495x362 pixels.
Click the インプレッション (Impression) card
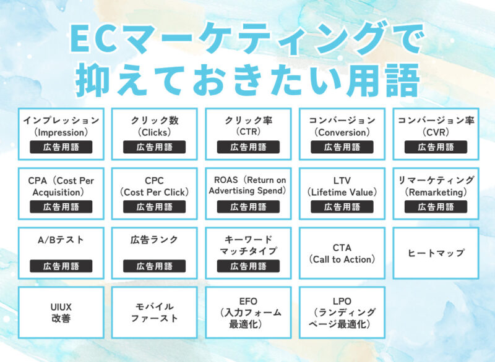click(x=61, y=133)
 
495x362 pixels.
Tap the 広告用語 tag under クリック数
click(x=154, y=147)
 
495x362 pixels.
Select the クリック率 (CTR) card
click(x=248, y=133)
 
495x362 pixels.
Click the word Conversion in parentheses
click(x=342, y=132)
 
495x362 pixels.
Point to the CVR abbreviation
click(x=436, y=132)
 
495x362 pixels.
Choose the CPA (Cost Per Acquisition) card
click(x=61, y=193)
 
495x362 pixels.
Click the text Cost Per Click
click(x=155, y=192)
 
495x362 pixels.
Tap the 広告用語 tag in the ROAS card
click(x=248, y=207)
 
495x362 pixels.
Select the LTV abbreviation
click(x=342, y=180)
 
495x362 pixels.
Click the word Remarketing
click(x=436, y=192)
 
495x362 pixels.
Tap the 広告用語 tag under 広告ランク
click(x=154, y=266)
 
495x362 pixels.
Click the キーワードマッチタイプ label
click(x=248, y=245)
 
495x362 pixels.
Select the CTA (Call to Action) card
click(x=342, y=253)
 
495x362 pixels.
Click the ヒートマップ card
click(x=436, y=253)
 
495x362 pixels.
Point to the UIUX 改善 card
click(x=61, y=312)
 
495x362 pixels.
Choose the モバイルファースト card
click(x=155, y=312)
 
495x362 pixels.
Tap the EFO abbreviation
click(x=248, y=301)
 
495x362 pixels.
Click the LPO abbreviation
click(x=342, y=301)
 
